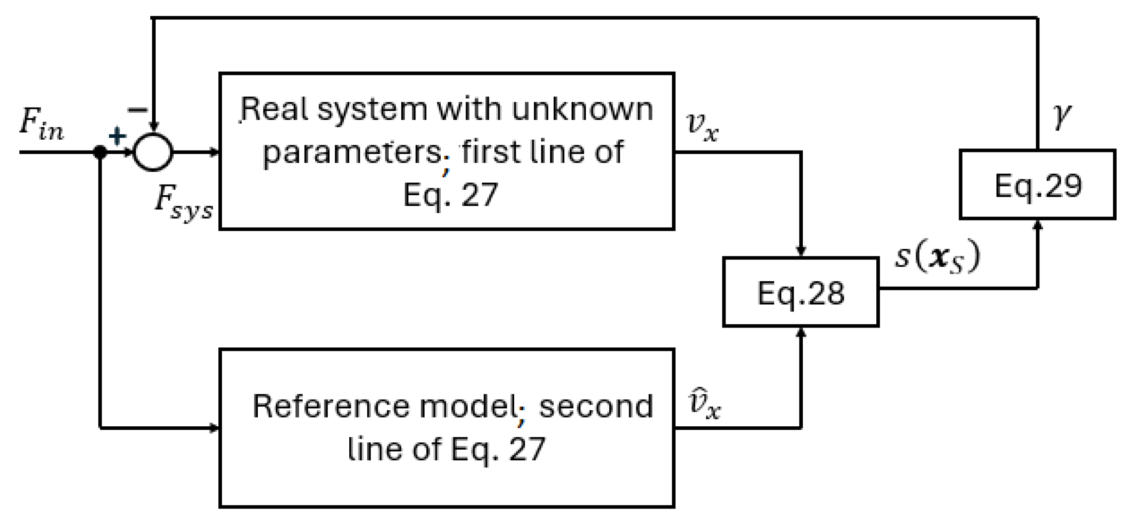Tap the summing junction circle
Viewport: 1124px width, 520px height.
[153, 152]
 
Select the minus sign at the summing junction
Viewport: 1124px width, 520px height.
[137, 110]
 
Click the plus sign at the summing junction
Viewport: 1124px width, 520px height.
[117, 136]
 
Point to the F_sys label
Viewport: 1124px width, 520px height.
[183, 203]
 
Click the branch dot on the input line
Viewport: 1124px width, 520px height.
[100, 152]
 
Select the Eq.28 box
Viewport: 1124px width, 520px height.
[800, 293]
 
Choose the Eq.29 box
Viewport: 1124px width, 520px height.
[1038, 185]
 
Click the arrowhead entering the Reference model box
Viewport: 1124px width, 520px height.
[215, 428]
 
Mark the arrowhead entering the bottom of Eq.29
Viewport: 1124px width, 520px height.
[1038, 225]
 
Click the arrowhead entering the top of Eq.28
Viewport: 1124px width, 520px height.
[801, 252]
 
